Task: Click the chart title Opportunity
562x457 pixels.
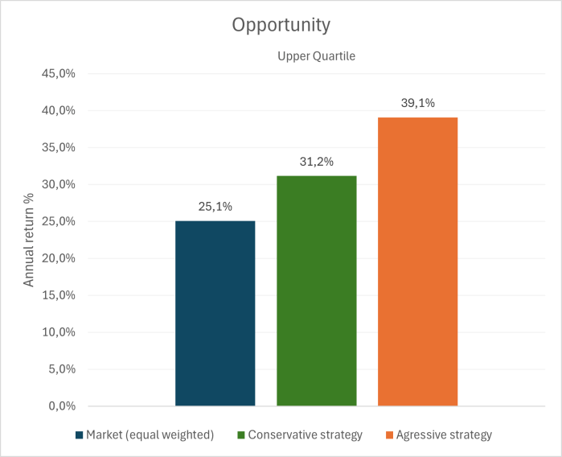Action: (x=281, y=25)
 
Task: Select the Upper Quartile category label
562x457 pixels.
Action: (x=316, y=56)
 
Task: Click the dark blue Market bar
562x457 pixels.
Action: (x=215, y=313)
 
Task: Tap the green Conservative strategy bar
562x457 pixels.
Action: (x=316, y=290)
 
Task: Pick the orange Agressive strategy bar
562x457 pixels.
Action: (x=417, y=261)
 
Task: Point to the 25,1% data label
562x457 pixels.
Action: (x=215, y=207)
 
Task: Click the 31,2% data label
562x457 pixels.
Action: (x=316, y=162)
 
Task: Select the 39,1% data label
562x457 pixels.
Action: (x=417, y=104)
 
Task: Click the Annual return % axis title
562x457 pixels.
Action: (x=29, y=240)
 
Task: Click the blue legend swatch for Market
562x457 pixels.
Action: (x=79, y=435)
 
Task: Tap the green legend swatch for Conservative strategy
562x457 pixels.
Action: (x=241, y=435)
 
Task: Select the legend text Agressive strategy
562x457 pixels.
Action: (x=444, y=435)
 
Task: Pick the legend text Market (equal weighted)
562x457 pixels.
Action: (x=150, y=435)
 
